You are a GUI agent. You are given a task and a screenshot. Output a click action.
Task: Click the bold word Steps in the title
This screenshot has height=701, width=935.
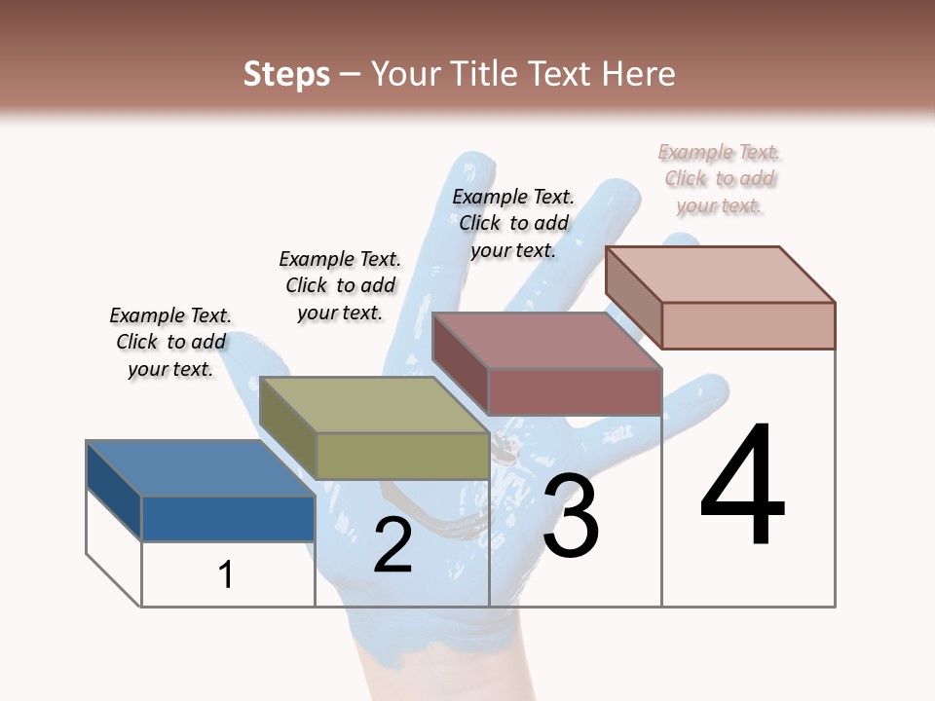click(x=286, y=74)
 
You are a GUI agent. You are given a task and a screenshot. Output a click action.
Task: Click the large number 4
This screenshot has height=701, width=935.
click(x=743, y=486)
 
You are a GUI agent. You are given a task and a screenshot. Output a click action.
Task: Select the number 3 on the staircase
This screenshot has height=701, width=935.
click(x=571, y=517)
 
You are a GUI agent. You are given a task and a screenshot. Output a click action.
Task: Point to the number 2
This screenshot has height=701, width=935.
click(x=393, y=545)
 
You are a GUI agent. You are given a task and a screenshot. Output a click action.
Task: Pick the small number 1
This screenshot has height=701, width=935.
click(x=226, y=574)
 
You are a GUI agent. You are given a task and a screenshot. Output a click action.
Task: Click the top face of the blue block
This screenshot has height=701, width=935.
click(x=200, y=468)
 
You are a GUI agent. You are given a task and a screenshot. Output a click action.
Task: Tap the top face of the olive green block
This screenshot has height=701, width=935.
click(x=373, y=405)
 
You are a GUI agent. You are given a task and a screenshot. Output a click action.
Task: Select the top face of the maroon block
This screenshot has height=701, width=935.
click(x=546, y=341)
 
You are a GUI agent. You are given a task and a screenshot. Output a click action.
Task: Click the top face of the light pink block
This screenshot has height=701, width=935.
click(x=720, y=275)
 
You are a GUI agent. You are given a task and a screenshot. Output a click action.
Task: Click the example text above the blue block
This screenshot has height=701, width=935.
click(x=170, y=342)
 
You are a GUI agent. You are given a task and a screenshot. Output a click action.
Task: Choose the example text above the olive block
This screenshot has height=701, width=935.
click(x=340, y=285)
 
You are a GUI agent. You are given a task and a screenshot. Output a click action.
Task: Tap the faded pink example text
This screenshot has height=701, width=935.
click(x=719, y=178)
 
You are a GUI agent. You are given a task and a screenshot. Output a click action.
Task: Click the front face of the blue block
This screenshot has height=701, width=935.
click(x=228, y=518)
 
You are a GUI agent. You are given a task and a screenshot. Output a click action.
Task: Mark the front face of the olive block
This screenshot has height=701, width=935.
click(x=402, y=456)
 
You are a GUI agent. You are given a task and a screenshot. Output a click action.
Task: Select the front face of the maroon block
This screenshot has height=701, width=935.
click(x=575, y=391)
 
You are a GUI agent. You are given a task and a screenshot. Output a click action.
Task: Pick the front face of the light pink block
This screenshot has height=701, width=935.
click(x=748, y=325)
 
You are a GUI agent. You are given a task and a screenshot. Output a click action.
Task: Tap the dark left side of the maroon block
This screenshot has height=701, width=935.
click(x=460, y=364)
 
